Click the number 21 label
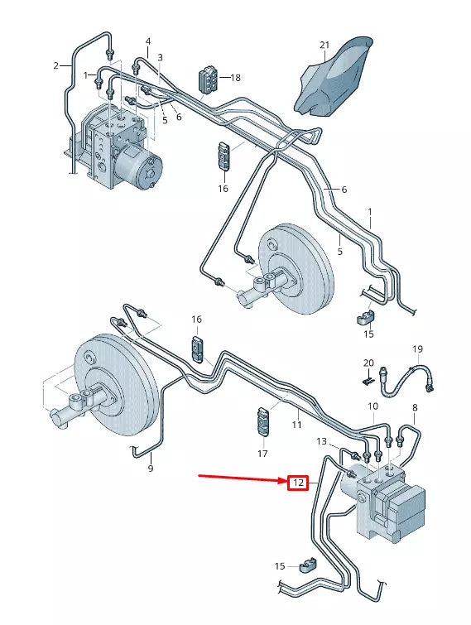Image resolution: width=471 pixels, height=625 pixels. pyautogui.click(x=324, y=45)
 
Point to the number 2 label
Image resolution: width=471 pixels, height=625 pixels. pyautogui.click(x=56, y=65)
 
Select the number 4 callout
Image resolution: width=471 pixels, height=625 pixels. pyautogui.click(x=148, y=41)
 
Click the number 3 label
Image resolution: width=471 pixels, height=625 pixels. pyautogui.click(x=160, y=57)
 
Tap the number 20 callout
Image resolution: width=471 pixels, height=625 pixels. pyautogui.click(x=368, y=363)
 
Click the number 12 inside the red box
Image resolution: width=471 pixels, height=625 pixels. pyautogui.click(x=298, y=482)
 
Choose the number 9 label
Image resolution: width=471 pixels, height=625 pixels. pyautogui.click(x=150, y=469)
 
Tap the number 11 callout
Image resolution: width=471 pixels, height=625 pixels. pyautogui.click(x=296, y=425)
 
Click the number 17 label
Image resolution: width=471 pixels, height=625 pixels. pyautogui.click(x=262, y=454)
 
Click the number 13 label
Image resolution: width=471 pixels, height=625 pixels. pyautogui.click(x=322, y=442)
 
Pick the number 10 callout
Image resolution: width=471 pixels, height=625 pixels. pyautogui.click(x=372, y=406)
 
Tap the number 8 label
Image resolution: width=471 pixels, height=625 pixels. pyautogui.click(x=414, y=408)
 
